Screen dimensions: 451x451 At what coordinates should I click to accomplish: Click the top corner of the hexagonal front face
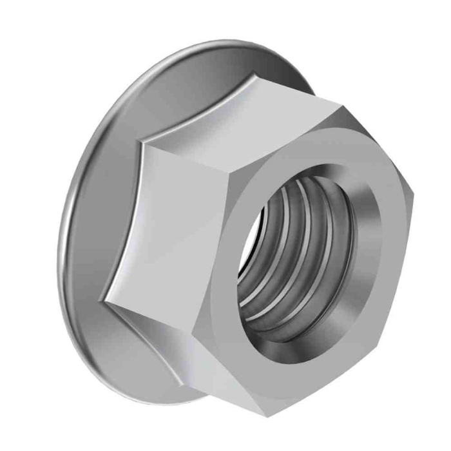click(x=340, y=108)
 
